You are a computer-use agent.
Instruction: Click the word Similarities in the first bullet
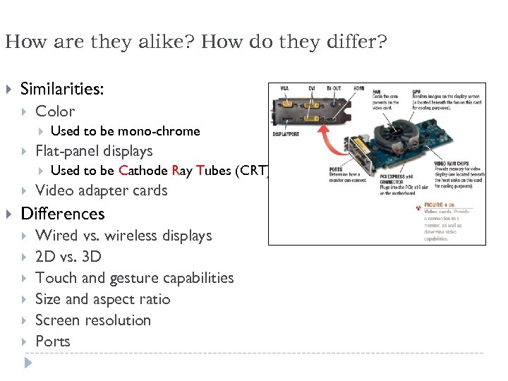pyautogui.click(x=62, y=89)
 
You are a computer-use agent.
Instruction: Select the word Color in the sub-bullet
pyautogui.click(x=55, y=111)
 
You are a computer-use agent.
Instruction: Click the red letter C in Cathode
pyautogui.click(x=123, y=171)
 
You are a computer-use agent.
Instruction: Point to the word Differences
pyautogui.click(x=63, y=214)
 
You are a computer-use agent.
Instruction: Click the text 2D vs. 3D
pyautogui.click(x=68, y=257)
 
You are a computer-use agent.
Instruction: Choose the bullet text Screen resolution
pyautogui.click(x=93, y=320)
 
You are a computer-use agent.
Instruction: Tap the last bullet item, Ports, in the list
pyautogui.click(x=53, y=341)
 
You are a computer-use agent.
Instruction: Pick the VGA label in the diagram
pyautogui.click(x=284, y=88)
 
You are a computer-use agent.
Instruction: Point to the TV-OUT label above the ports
pyautogui.click(x=334, y=88)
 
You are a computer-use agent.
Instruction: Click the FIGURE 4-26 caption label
pyautogui.click(x=444, y=205)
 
